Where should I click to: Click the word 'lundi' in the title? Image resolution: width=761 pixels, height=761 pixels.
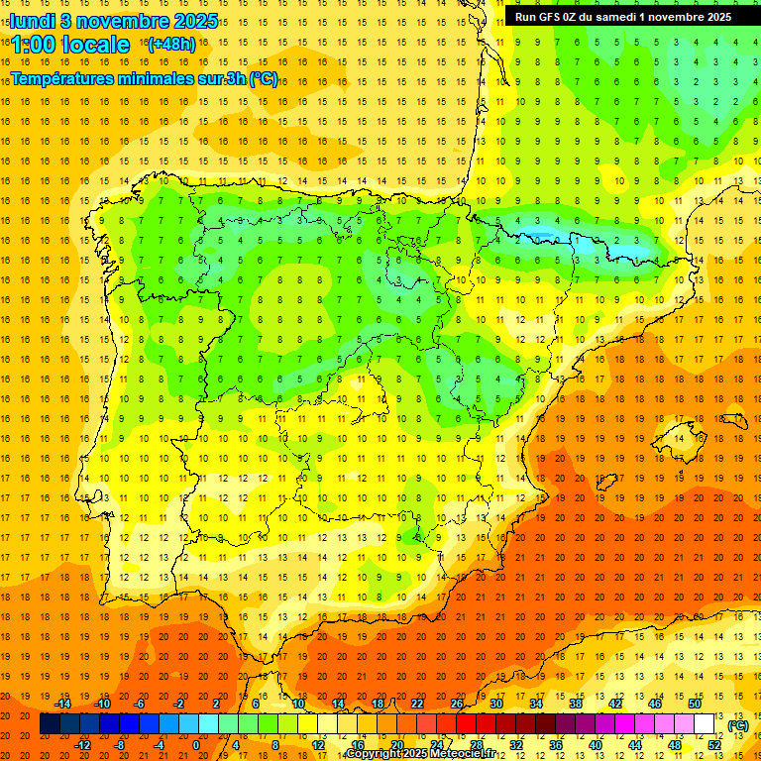point(32,21)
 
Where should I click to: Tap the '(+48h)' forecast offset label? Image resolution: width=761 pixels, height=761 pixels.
point(171,44)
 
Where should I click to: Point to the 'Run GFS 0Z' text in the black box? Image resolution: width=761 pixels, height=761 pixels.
point(549,16)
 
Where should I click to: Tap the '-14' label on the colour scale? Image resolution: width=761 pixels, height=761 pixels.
point(63,704)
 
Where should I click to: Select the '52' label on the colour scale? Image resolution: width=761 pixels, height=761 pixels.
point(714,745)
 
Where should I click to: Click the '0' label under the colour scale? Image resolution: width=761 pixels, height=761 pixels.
point(196,745)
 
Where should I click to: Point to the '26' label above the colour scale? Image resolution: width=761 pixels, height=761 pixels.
point(457,704)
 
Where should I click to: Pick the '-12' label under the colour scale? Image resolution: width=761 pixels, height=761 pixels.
point(83,745)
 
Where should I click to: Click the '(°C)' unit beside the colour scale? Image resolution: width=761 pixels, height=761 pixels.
point(737,725)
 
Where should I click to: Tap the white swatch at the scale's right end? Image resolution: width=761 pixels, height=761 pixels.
point(705,724)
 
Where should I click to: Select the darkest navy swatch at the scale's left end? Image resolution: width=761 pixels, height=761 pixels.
point(50,724)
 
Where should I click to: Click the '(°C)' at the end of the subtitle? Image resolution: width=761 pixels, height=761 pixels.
point(264,79)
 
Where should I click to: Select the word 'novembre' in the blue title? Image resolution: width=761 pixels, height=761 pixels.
point(123,21)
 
